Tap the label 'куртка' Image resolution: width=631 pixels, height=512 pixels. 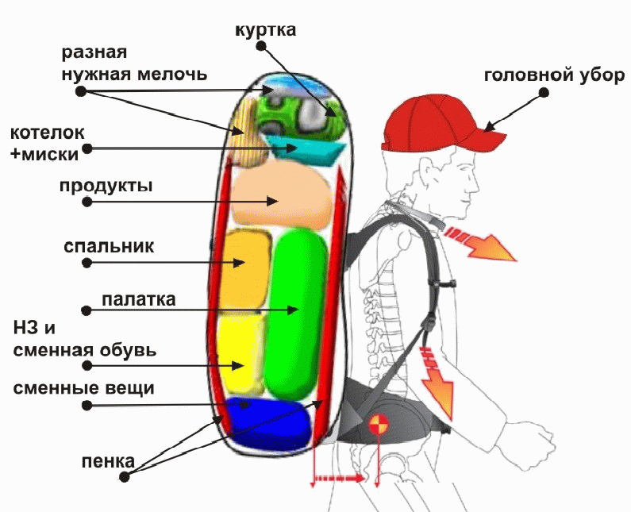tap(266, 31)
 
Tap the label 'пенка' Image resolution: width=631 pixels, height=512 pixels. tap(108, 461)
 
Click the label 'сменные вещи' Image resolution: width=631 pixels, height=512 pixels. tap(83, 388)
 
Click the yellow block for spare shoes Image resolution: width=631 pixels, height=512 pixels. tap(240, 352)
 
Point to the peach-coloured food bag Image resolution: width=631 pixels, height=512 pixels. tap(283, 195)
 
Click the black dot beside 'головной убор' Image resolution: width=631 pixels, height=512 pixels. tap(544, 92)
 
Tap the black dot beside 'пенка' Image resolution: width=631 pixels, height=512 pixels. tap(125, 476)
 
